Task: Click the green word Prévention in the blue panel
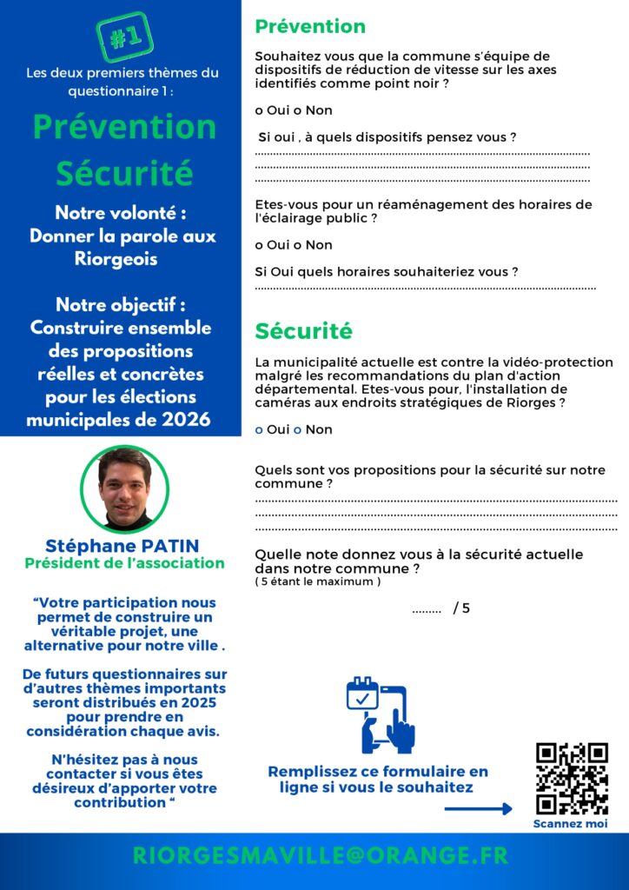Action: tap(124, 127)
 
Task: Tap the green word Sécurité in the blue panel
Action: tap(124, 173)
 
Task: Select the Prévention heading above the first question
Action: tap(310, 27)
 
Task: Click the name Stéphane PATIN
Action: tap(122, 546)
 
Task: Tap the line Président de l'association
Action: tap(124, 563)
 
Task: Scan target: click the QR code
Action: tap(571, 778)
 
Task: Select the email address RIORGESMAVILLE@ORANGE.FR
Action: tap(320, 855)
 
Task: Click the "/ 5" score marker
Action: tap(461, 608)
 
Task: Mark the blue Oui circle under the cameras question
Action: tap(259, 430)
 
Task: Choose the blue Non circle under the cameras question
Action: tap(297, 430)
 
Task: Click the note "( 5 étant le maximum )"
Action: tap(318, 581)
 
